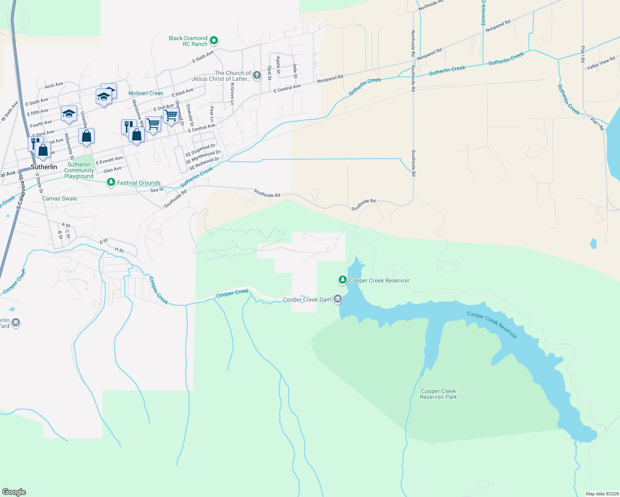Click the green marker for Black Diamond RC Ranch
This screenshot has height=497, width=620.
(214, 41)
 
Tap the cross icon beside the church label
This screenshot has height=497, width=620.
(257, 75)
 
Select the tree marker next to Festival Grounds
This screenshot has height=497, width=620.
(111, 182)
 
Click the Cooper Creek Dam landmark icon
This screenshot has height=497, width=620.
(338, 299)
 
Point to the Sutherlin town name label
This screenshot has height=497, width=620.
(44, 167)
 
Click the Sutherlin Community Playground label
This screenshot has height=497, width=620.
(79, 170)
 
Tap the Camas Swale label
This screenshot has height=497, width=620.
(60, 198)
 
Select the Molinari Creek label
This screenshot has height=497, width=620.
(146, 93)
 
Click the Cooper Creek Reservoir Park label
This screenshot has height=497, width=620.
(438, 394)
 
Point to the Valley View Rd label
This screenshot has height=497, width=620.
(601, 63)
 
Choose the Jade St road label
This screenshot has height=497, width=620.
(295, 70)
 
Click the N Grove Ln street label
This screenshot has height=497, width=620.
(232, 93)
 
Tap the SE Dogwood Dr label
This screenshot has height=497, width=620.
(201, 150)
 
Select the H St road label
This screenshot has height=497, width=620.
(119, 250)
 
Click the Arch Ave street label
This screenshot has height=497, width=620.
(54, 85)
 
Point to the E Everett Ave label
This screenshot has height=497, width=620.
(109, 160)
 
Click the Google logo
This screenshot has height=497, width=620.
(14, 492)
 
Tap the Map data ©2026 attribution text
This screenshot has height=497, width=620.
(602, 494)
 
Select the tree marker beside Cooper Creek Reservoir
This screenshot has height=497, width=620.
(342, 280)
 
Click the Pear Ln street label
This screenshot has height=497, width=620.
(212, 114)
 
